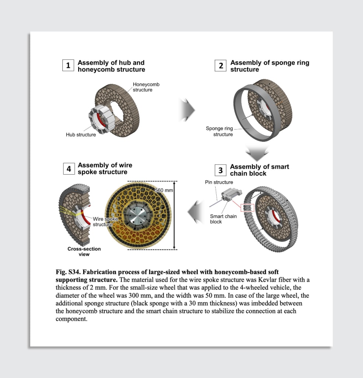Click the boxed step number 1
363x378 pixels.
(x=68, y=66)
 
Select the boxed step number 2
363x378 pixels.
(x=221, y=66)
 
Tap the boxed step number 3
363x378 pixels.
(x=220, y=170)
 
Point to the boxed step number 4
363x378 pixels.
(x=69, y=169)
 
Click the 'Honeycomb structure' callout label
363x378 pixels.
(x=146, y=87)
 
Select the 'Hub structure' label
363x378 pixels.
(x=81, y=135)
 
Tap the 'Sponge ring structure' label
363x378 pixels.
(x=219, y=131)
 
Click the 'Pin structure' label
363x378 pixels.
(x=219, y=182)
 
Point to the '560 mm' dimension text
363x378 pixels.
(x=164, y=190)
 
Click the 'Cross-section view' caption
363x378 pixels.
(x=84, y=251)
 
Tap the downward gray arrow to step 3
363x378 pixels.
(x=257, y=152)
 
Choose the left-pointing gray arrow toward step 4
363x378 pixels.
(x=195, y=212)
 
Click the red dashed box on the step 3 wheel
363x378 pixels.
(x=247, y=207)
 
